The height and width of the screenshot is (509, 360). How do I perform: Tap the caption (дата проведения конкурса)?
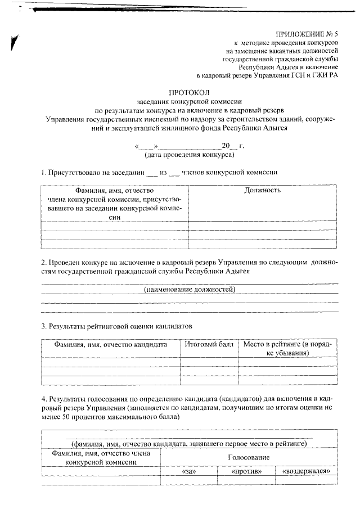(x=189, y=154)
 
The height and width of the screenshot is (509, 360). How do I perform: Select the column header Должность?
(x=262, y=190)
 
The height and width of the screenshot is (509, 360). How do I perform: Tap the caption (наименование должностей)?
(x=189, y=289)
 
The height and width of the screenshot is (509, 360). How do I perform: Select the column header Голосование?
(x=249, y=458)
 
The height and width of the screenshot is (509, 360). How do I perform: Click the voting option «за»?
(x=189, y=471)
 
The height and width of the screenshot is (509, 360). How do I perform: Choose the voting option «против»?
(x=247, y=471)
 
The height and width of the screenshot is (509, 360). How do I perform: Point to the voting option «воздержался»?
(x=306, y=471)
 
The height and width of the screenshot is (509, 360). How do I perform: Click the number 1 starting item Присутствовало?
(x=43, y=172)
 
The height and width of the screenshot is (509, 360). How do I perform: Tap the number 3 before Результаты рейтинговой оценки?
(x=43, y=326)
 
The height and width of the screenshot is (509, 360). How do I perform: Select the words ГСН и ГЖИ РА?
(x=317, y=74)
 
